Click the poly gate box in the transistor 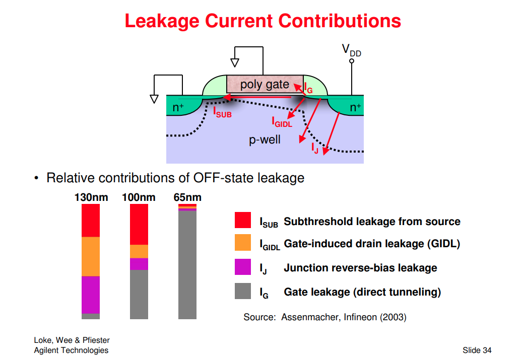(265, 84)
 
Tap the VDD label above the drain (351, 50)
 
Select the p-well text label (265, 139)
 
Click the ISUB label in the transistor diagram (222, 112)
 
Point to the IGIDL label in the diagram (282, 122)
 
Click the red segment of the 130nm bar (91, 220)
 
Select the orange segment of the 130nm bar (91, 256)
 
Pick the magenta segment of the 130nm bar (91, 295)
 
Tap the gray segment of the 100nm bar (139, 294)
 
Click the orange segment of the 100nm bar (139, 251)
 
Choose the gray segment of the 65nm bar (187, 265)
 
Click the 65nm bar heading (187, 197)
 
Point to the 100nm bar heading (139, 197)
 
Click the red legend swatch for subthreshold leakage (243, 221)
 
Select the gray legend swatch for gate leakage (243, 291)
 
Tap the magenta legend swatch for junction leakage (243, 267)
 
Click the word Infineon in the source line (356, 317)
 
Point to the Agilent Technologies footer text (71, 350)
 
